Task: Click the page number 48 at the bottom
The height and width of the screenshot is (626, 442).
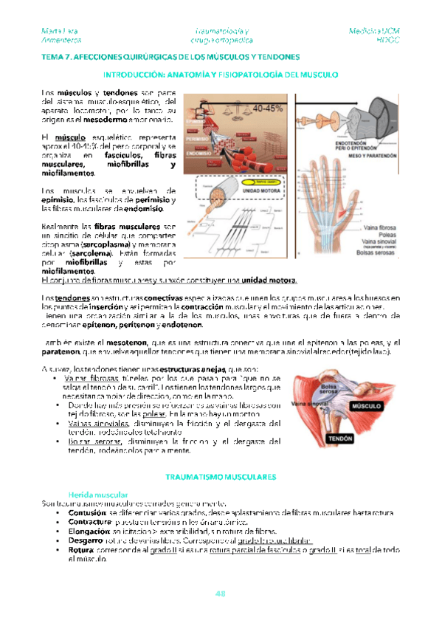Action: tap(220, 594)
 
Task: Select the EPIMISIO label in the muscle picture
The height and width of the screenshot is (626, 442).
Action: tap(198, 120)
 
